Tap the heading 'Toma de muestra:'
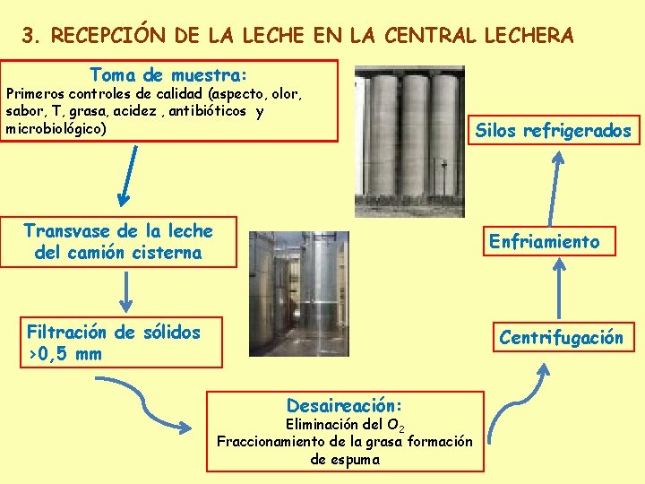point(169,74)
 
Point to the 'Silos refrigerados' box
point(553,132)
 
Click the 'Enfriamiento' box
point(543,241)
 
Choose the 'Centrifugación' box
point(561,338)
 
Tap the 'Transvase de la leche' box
point(118,242)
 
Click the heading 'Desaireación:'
point(344,404)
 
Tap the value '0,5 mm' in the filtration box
point(70,354)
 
